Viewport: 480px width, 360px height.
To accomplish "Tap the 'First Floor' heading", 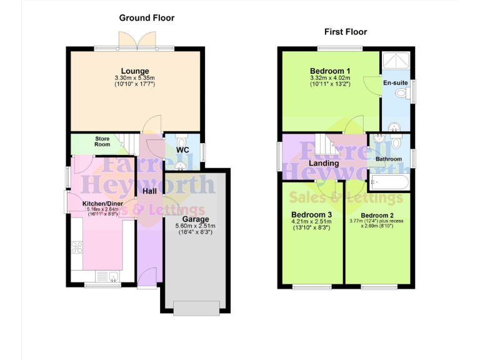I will click(x=345, y=31).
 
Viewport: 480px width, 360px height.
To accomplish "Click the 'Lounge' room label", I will click(x=135, y=70).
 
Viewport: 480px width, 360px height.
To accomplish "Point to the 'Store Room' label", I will click(x=102, y=141).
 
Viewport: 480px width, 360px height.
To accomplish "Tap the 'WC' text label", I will click(x=182, y=151).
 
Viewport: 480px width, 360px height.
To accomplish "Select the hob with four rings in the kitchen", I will click(x=78, y=247).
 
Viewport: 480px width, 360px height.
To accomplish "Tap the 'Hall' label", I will click(x=150, y=191).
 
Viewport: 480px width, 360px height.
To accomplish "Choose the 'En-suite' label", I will click(x=395, y=82).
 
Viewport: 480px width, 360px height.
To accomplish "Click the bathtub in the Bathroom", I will click(x=389, y=182).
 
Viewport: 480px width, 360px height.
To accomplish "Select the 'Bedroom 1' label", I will click(x=330, y=71).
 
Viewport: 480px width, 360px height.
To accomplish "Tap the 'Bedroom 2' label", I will click(x=378, y=215).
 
